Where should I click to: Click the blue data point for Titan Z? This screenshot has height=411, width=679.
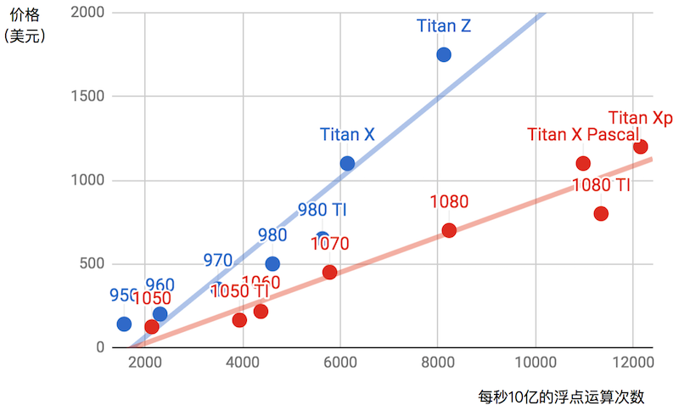443,54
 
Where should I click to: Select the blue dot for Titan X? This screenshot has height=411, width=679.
347,163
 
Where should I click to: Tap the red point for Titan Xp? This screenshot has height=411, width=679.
640,147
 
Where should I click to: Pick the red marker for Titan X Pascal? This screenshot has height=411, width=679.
583,163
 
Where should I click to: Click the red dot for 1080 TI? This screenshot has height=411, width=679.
601,213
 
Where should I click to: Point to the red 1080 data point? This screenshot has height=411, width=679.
449,230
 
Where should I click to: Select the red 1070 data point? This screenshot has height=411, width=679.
329,272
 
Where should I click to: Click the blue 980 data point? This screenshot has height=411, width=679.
272,263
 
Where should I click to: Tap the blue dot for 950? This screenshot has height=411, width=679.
124,324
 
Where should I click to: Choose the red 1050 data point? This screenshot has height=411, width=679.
152,326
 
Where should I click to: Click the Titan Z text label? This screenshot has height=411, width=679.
444,25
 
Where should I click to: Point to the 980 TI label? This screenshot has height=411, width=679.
322,210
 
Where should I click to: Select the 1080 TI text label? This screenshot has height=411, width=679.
601,185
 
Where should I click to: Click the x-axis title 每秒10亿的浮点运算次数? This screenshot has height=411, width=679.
561,397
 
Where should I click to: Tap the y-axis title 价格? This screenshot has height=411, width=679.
25,14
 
